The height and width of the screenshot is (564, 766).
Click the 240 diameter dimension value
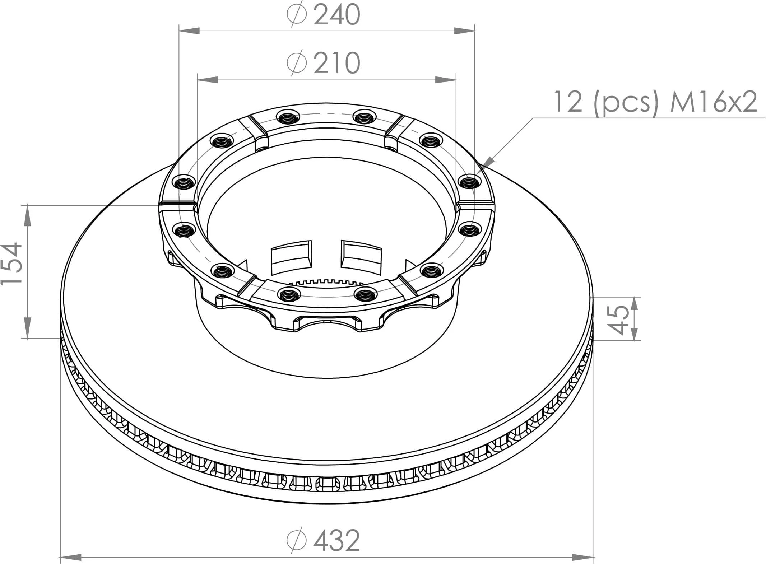point(336,15)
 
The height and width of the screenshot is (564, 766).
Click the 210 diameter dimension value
point(336,64)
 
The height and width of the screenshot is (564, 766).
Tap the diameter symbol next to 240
point(297,14)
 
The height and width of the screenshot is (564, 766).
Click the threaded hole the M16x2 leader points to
point(469,182)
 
